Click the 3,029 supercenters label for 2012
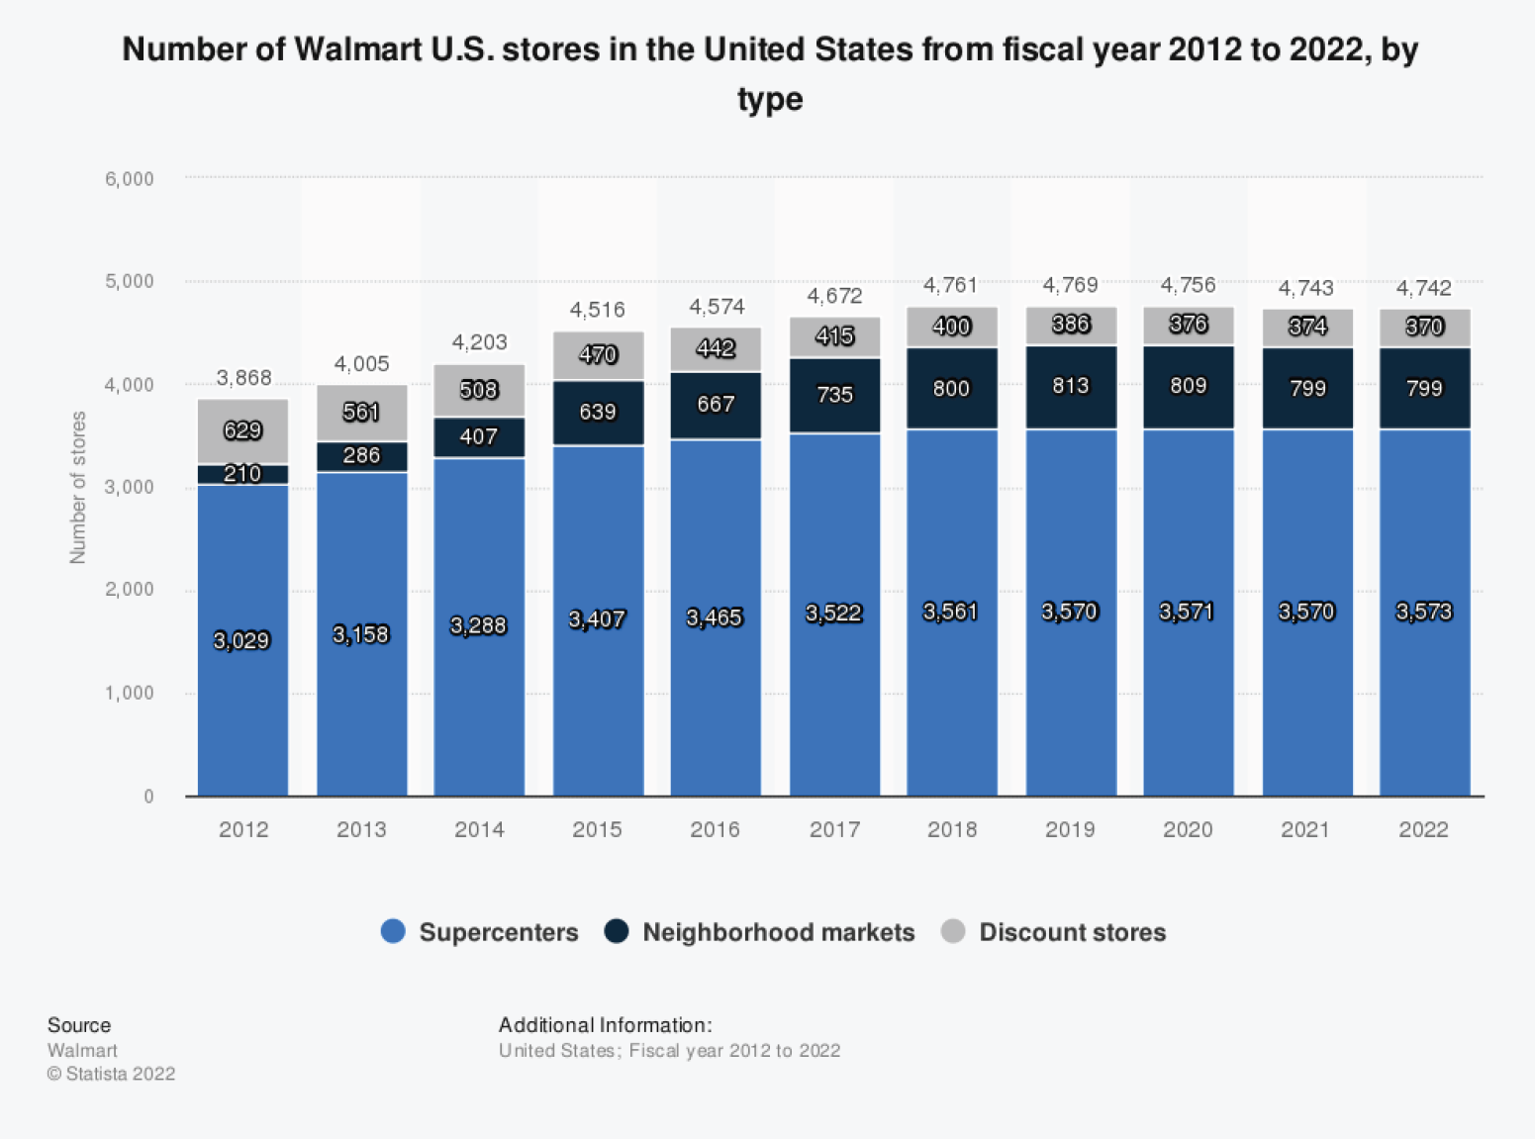[x=241, y=640]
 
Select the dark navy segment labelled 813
[x=1070, y=386]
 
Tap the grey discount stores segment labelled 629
[x=242, y=430]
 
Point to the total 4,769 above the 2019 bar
[x=1070, y=285]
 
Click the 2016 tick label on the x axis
[x=715, y=829]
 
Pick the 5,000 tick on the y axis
[x=130, y=281]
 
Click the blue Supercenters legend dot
[x=393, y=931]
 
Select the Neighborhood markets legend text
[x=778, y=932]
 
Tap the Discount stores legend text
[x=1072, y=932]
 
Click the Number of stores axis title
[x=78, y=487]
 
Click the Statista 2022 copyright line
[x=111, y=1074]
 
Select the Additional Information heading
[x=605, y=1025]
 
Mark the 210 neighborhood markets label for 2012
[x=242, y=474]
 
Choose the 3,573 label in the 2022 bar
[x=1423, y=612]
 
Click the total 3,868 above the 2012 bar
[x=243, y=378]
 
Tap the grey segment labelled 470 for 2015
[x=598, y=354]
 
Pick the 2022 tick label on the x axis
[x=1423, y=829]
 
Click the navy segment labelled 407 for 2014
[x=479, y=436]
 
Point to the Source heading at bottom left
[x=79, y=1025]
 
